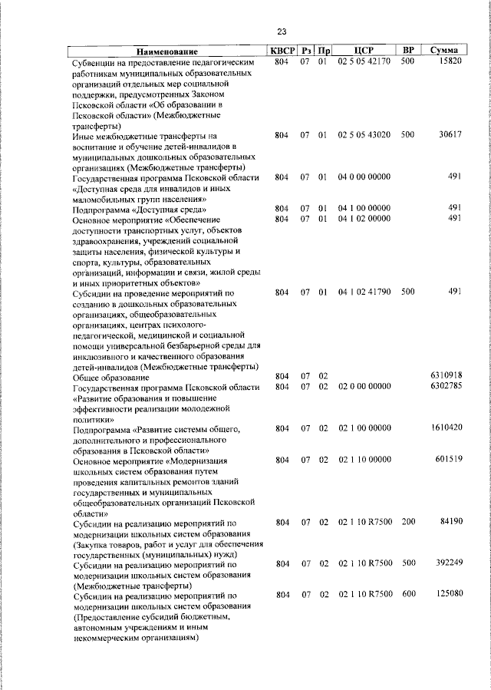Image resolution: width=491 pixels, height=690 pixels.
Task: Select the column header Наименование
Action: pyautogui.click(x=162, y=51)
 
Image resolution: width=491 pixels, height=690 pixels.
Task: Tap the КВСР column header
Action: pyautogui.click(x=281, y=50)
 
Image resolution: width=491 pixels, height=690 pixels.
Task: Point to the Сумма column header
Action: pyautogui.click(x=444, y=50)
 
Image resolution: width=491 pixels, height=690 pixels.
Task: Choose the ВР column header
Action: pyautogui.click(x=408, y=50)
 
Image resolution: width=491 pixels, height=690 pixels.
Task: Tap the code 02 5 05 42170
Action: pyautogui.click(x=364, y=61)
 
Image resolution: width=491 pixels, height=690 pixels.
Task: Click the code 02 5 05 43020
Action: pyautogui.click(x=364, y=135)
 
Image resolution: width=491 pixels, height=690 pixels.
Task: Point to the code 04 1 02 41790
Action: pyautogui.click(x=364, y=292)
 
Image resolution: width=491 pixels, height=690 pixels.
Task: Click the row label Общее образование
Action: pyautogui.click(x=110, y=378)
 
